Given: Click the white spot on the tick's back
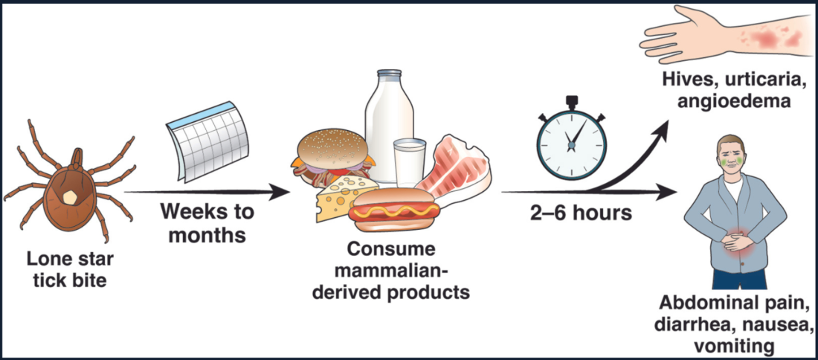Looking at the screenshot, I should [69, 196].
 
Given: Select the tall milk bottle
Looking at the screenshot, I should [387, 112].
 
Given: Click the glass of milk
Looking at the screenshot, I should [410, 162].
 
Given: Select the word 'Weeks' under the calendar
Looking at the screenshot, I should [186, 212].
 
